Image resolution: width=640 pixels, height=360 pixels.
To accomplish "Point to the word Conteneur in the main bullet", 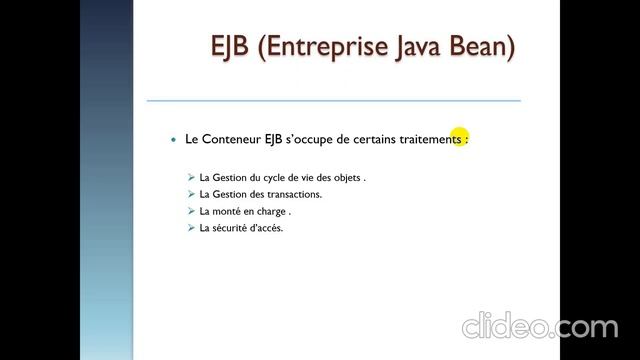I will click(x=232, y=140).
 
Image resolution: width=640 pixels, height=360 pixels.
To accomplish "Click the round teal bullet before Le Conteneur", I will click(x=174, y=140).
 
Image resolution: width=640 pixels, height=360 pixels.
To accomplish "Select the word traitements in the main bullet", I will click(x=428, y=140).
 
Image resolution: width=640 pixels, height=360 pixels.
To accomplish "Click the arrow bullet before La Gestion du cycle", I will click(x=191, y=178).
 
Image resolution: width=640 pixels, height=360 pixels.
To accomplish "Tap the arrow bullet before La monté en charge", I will click(x=191, y=212).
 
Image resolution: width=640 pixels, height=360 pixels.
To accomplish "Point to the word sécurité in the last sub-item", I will click(x=232, y=229).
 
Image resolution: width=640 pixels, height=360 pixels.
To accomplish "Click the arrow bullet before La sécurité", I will click(x=191, y=229).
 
